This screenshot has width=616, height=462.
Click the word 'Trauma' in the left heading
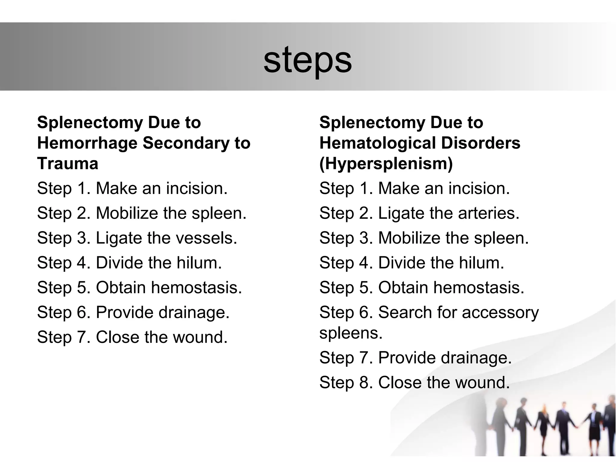click(x=68, y=164)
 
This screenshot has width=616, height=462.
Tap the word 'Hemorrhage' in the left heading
click(x=87, y=143)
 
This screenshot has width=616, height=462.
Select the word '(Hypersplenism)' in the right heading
click(x=386, y=164)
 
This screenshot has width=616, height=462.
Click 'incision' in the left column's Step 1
click(x=195, y=189)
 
